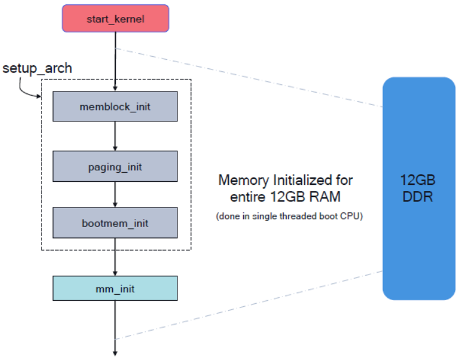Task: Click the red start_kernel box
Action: [115, 18]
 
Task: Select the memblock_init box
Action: [115, 106]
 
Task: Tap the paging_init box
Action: [115, 166]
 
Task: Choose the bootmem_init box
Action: [115, 223]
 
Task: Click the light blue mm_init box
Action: [115, 288]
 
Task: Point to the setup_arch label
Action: [37, 68]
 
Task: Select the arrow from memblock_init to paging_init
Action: [115, 136]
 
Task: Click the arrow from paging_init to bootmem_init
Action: [115, 195]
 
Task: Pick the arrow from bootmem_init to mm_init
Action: [115, 257]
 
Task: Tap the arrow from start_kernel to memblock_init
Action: [115, 62]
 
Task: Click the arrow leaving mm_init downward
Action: [115, 328]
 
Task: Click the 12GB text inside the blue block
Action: [418, 180]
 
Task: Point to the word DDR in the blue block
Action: [418, 196]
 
